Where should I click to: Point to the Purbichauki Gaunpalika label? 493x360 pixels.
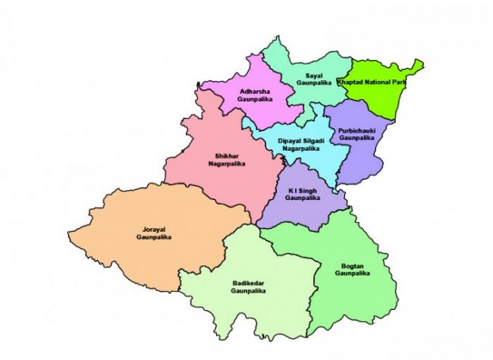(x=356, y=134)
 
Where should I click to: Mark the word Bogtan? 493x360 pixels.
(x=353, y=265)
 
